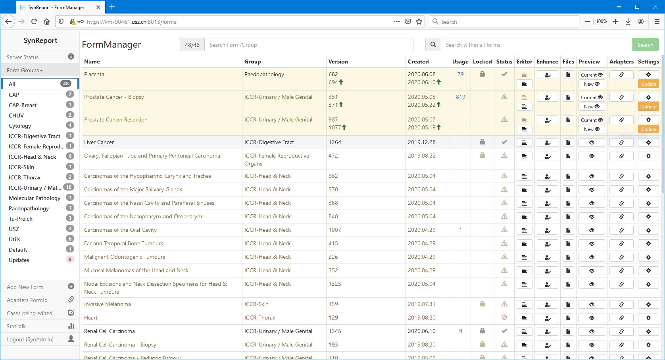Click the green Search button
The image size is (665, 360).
pyautogui.click(x=645, y=45)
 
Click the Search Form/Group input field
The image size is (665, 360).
pyautogui.click(x=308, y=45)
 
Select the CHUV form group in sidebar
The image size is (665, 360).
pyautogui.click(x=16, y=116)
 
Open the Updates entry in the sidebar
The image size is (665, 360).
pyautogui.click(x=19, y=260)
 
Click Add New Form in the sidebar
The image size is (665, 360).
pyautogui.click(x=25, y=287)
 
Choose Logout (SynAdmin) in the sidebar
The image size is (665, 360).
pyautogui.click(x=30, y=339)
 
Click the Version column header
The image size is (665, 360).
pyautogui.click(x=338, y=62)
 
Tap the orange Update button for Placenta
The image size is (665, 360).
pyautogui.click(x=648, y=84)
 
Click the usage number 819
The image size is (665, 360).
pyautogui.click(x=460, y=97)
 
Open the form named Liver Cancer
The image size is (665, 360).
pyautogui.click(x=99, y=142)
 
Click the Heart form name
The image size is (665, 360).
pyautogui.click(x=91, y=318)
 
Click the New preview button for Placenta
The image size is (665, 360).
pyautogui.click(x=591, y=84)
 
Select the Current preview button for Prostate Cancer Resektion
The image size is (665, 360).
pyautogui.click(x=591, y=120)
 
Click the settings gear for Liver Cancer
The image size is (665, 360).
pyautogui.click(x=648, y=142)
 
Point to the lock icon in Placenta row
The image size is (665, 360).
pyautogui.click(x=482, y=74)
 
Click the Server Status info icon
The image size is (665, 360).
pyautogui.click(x=71, y=57)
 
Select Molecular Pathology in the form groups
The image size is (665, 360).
pyautogui.click(x=35, y=198)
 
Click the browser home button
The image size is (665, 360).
pyautogui.click(x=47, y=22)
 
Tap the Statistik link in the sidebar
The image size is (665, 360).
pyautogui.click(x=16, y=326)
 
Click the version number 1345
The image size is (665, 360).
pyautogui.click(x=334, y=331)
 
